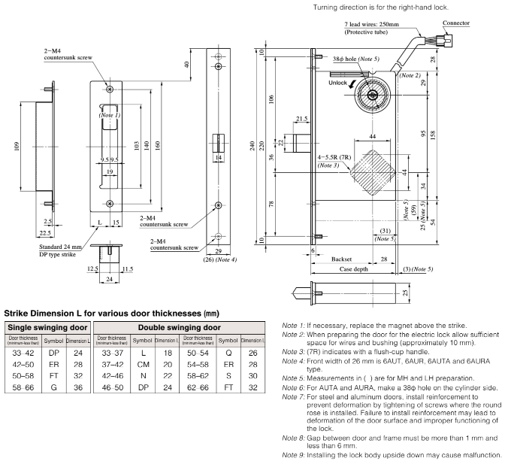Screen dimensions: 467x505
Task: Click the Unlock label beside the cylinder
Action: [337, 83]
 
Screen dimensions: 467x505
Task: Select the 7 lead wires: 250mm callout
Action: [334, 27]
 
